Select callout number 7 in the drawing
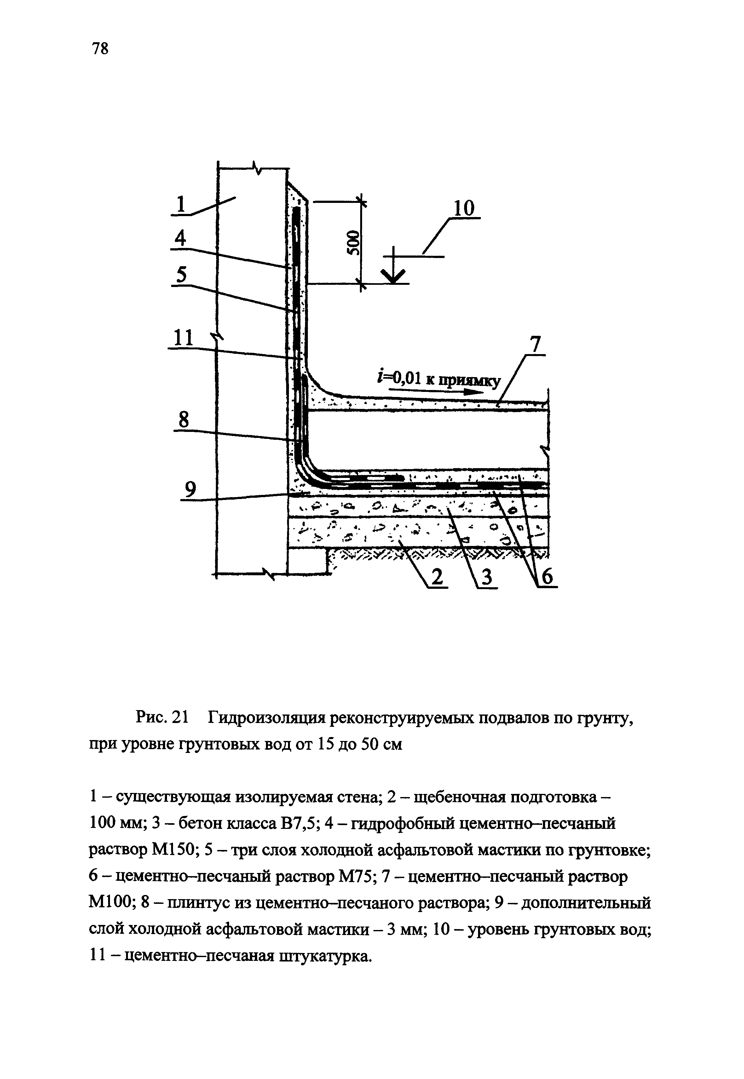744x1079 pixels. (535, 345)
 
